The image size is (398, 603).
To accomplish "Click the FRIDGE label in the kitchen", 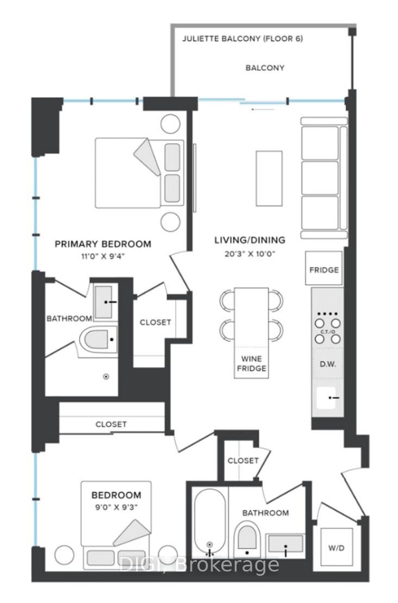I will (x=325, y=269).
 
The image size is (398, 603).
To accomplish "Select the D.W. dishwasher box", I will (x=328, y=363).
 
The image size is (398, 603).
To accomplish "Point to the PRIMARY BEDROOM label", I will (x=103, y=243).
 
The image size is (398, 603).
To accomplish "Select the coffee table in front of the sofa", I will (x=269, y=178).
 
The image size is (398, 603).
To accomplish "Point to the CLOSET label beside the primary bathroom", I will (x=155, y=322).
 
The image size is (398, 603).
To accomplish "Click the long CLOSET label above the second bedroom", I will (x=111, y=424).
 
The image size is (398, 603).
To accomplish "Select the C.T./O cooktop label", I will (x=328, y=331).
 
